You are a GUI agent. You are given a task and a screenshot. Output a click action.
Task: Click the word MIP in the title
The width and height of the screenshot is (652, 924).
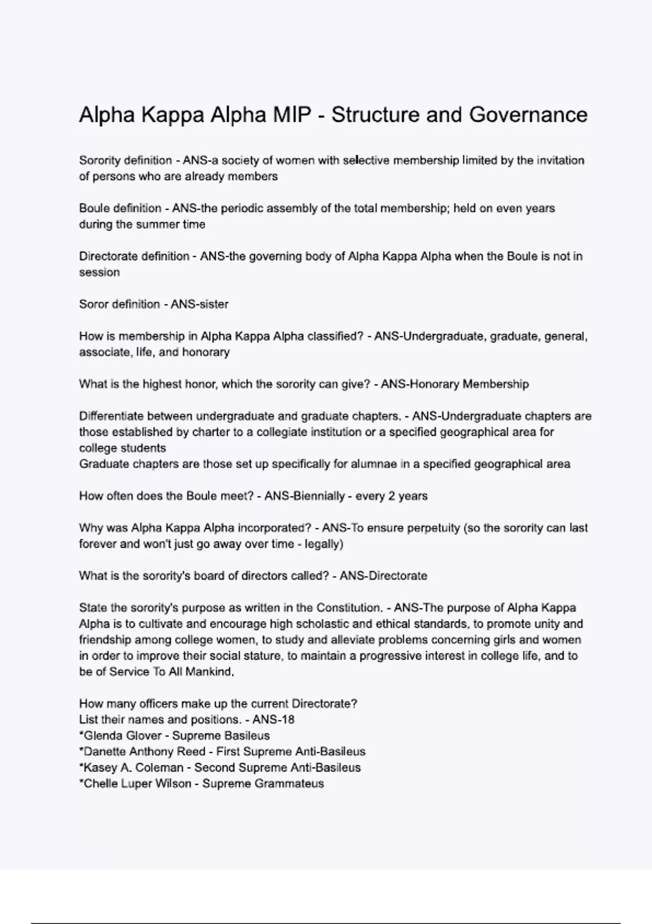pyautogui.click(x=294, y=115)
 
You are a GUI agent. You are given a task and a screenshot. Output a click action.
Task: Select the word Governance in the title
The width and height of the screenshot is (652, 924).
pyautogui.click(x=528, y=115)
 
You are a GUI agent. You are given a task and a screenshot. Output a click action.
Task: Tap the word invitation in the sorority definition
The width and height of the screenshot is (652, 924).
pyautogui.click(x=561, y=160)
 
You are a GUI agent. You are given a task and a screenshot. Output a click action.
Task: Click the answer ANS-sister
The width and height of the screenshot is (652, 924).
pyautogui.click(x=199, y=304)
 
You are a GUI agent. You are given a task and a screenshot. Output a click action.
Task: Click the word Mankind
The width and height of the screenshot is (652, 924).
pyautogui.click(x=209, y=672)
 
